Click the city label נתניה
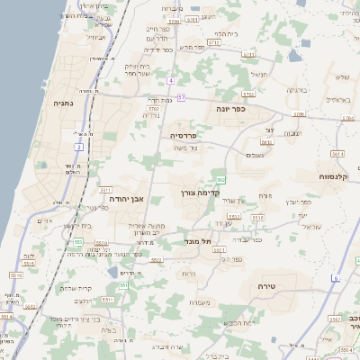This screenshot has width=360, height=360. click(65, 103)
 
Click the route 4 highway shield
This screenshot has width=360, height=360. click(169, 80)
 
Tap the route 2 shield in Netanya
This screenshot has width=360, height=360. click(79, 146)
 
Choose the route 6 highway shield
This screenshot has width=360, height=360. click(334, 278)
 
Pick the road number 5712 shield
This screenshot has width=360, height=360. click(214, 42)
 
